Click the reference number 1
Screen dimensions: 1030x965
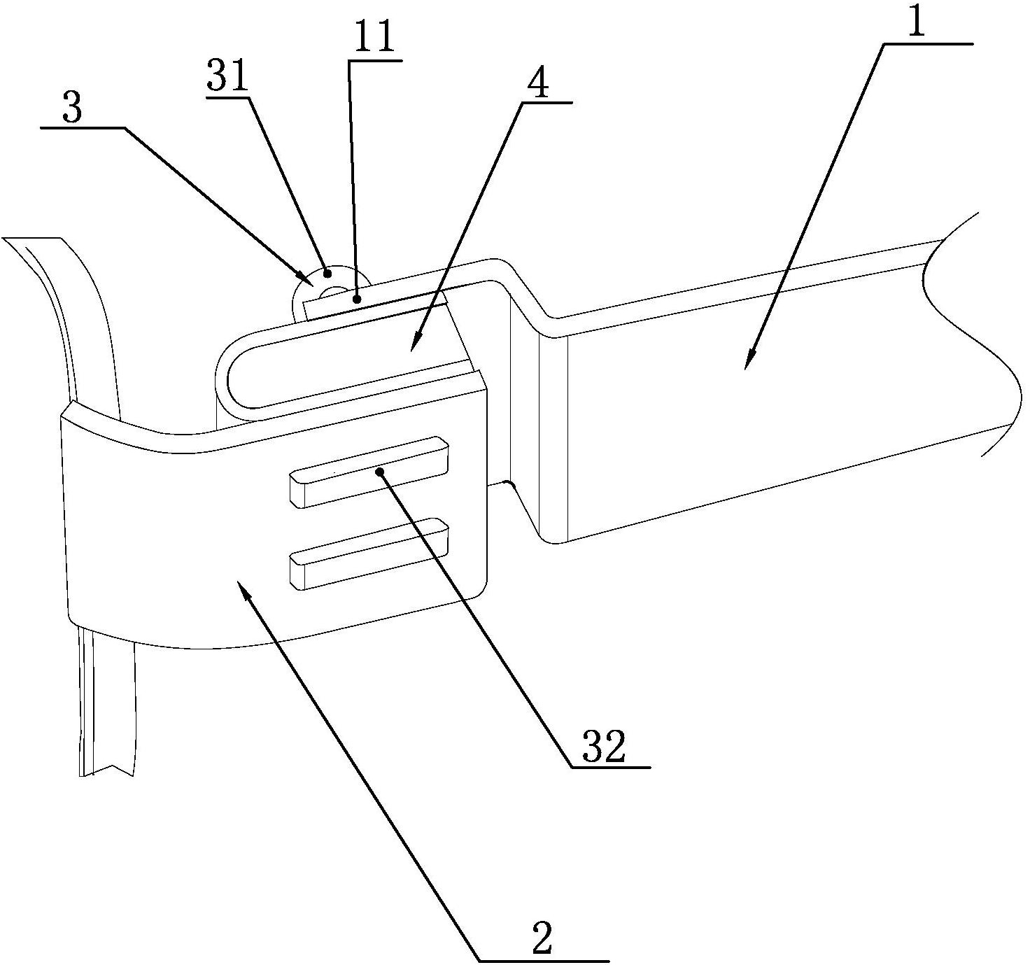point(916,22)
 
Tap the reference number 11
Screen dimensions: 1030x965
point(374,36)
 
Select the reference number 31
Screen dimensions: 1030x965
point(227,77)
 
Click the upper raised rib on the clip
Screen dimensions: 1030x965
point(369,471)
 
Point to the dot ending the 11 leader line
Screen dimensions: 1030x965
point(357,300)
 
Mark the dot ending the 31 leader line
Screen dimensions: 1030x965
point(327,273)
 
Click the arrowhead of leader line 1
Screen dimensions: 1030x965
point(749,360)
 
